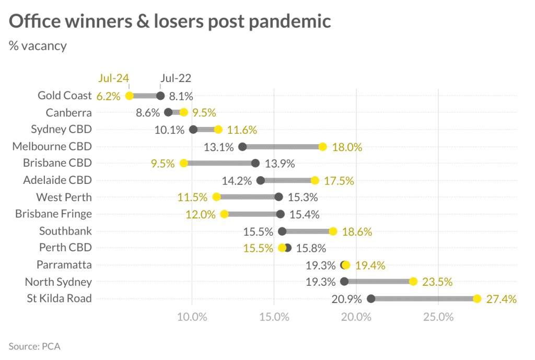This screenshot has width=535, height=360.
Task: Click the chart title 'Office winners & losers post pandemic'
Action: coord(170,21)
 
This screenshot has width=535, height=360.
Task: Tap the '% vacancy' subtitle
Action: coord(38,45)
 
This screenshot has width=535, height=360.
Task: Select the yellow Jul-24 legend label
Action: coord(113,78)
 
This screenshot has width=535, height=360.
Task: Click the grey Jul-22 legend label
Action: coord(176,78)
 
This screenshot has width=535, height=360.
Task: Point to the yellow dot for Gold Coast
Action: coord(130,96)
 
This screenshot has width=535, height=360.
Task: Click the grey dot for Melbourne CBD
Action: coord(242,146)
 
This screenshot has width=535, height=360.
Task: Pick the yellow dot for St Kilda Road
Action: coord(477,299)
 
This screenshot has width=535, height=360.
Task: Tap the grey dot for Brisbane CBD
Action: coord(255,163)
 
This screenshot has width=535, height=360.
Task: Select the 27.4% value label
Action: coord(502,299)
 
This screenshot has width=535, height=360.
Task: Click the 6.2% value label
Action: coord(108,96)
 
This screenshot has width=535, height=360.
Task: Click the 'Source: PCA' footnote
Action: coord(34,346)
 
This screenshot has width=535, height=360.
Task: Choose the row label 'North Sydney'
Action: coord(59,282)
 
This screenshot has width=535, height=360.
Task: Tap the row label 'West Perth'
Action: coord(64,197)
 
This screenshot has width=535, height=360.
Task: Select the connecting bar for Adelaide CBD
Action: coord(287,180)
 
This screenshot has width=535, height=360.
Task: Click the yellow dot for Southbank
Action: coord(333,231)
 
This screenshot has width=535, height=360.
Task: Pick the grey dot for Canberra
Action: coord(168,112)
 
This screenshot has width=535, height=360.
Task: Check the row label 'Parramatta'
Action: coord(64,265)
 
